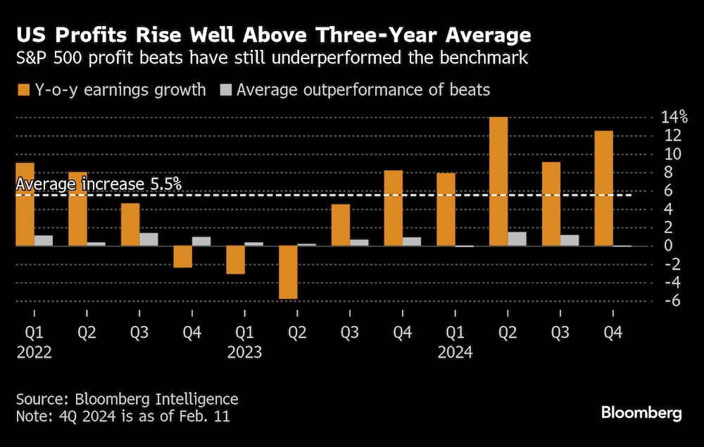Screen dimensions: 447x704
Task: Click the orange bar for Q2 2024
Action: [498, 181]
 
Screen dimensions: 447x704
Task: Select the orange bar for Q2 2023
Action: [287, 272]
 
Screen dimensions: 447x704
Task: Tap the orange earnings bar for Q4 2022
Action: [182, 257]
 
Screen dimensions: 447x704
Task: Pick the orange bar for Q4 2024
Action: [604, 188]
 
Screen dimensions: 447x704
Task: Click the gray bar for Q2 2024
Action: [517, 239]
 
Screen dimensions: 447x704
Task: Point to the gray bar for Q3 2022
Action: [149, 239]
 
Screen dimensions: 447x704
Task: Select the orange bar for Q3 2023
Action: [341, 225]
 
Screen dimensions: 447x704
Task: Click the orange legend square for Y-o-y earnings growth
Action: [23, 90]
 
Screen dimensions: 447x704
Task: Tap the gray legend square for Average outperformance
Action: [226, 90]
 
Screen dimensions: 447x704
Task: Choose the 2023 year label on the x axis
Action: [245, 352]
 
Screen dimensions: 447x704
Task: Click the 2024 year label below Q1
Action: [455, 352]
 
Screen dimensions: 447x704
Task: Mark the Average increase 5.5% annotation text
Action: [99, 184]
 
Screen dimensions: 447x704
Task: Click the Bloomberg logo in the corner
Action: [641, 413]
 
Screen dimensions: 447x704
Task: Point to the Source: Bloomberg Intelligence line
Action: [127, 399]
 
